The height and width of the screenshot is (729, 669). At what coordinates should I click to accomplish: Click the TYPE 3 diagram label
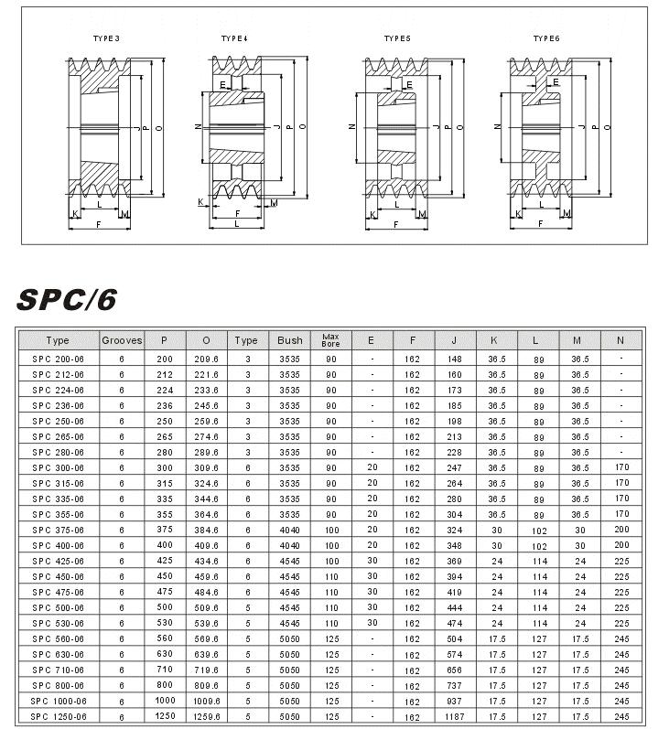(106, 38)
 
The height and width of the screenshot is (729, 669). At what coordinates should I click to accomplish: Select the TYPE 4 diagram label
(234, 38)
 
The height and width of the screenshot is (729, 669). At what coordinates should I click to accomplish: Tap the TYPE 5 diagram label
(396, 38)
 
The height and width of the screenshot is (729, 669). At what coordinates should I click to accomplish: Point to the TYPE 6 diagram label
(546, 38)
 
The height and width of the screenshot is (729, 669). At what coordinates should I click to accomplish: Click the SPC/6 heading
(66, 300)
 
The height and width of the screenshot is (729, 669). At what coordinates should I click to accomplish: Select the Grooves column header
(122, 340)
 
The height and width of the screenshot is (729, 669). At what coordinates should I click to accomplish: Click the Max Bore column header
(330, 340)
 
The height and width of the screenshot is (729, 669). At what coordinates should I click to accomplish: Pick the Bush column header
(289, 340)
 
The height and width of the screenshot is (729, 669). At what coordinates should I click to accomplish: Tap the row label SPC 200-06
(58, 359)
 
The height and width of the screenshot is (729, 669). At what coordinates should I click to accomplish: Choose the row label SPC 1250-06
(58, 716)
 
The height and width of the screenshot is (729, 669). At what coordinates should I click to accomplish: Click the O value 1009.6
(205, 701)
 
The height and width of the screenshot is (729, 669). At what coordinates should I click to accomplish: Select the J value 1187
(454, 716)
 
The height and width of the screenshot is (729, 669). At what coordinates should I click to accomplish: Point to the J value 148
(454, 359)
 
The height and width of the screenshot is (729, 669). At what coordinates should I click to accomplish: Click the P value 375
(164, 531)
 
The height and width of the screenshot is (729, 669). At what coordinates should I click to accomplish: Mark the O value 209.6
(205, 359)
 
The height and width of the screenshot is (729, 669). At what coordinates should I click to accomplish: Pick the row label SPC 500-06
(58, 607)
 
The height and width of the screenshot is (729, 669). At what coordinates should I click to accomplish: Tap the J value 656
(454, 670)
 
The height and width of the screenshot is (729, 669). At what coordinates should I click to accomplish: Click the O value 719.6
(205, 670)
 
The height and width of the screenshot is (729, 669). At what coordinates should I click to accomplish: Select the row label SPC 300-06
(58, 468)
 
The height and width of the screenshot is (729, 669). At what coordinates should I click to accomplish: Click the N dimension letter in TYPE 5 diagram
(352, 127)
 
